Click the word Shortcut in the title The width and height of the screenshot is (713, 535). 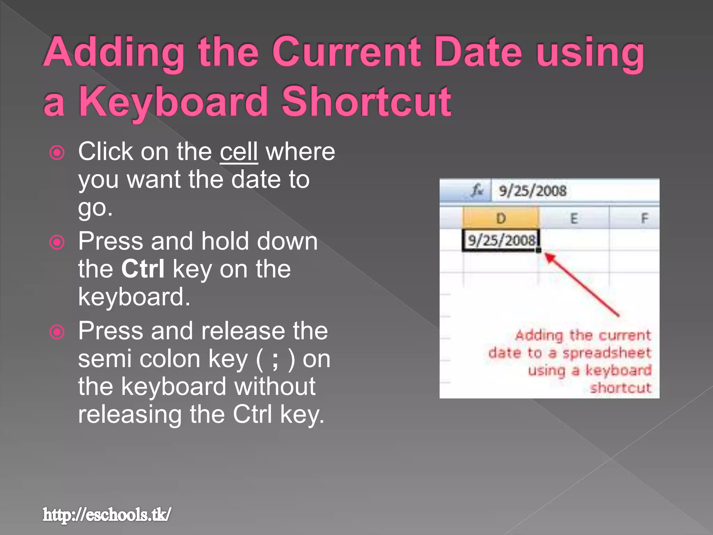tap(366, 102)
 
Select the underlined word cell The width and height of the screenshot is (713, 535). tap(239, 152)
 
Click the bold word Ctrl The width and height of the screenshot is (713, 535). tap(143, 269)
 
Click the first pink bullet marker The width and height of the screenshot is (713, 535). tap(57, 153)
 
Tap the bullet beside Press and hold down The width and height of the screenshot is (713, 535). tap(57, 242)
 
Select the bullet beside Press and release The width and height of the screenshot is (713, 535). tap(57, 332)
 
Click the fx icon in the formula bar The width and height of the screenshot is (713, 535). tap(477, 191)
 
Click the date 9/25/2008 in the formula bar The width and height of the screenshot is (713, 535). tap(533, 191)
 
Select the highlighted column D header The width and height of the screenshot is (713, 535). tap(501, 218)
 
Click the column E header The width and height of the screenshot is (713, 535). tap(574, 218)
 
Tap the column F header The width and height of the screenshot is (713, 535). tap(644, 218)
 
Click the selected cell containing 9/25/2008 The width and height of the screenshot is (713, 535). tap(501, 240)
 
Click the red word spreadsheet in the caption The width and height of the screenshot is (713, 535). tap(606, 353)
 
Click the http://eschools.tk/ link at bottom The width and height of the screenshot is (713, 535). tap(107, 515)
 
